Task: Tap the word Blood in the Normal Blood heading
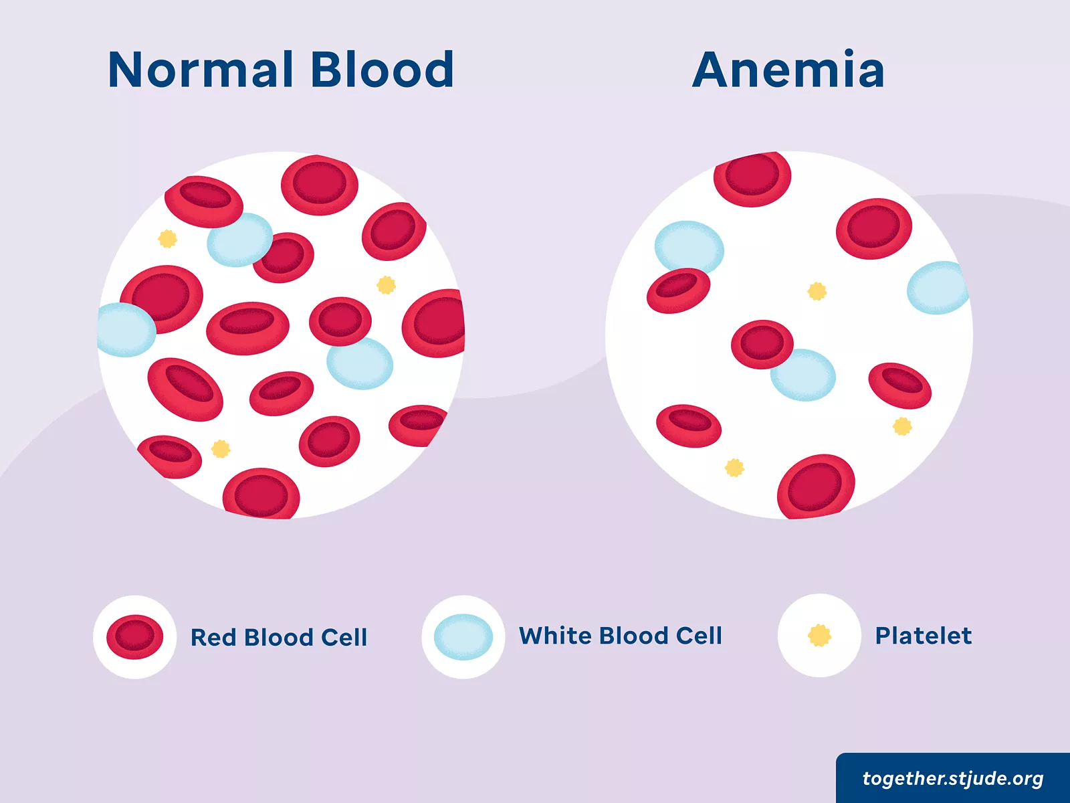(x=382, y=69)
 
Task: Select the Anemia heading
(x=788, y=69)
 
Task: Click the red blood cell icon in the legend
(x=134, y=637)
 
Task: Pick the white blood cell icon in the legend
(x=463, y=637)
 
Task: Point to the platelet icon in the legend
(x=819, y=635)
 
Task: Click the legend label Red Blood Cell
(x=278, y=637)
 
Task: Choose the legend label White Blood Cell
(x=620, y=636)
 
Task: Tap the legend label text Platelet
(x=924, y=636)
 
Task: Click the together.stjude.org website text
(x=953, y=779)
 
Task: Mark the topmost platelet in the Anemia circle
(x=817, y=292)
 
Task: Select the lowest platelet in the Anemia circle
(x=734, y=468)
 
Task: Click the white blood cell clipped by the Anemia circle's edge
(x=938, y=288)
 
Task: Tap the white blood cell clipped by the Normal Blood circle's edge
(x=126, y=330)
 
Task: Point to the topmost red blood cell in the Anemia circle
(x=752, y=178)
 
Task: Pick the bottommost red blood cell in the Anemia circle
(x=816, y=487)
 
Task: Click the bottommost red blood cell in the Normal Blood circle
(x=261, y=493)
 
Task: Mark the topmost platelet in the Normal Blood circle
(x=168, y=238)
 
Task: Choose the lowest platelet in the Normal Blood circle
(x=221, y=448)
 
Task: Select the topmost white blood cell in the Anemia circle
(x=689, y=248)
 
